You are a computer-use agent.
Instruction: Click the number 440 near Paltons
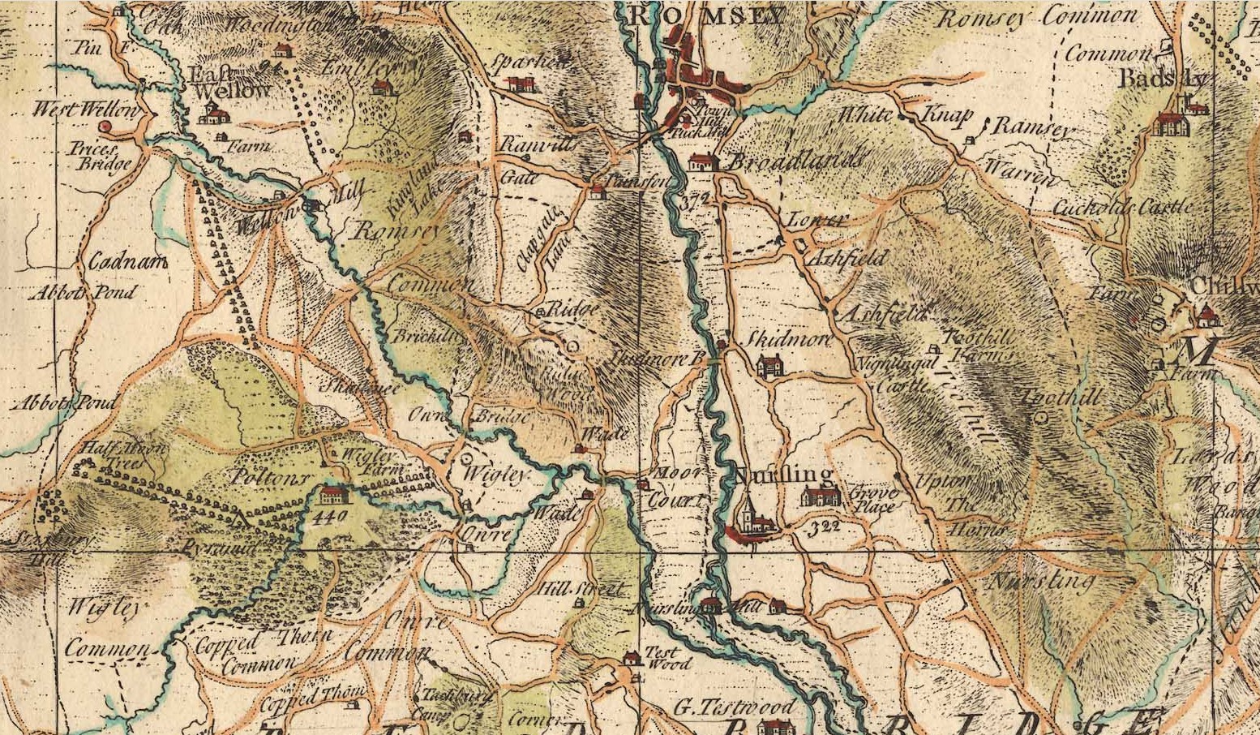333,515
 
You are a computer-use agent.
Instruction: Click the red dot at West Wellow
105,127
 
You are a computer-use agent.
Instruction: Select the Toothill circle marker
1042,417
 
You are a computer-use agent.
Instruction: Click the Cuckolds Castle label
1122,208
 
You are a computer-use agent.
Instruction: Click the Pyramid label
217,549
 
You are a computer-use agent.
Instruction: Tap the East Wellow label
229,83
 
